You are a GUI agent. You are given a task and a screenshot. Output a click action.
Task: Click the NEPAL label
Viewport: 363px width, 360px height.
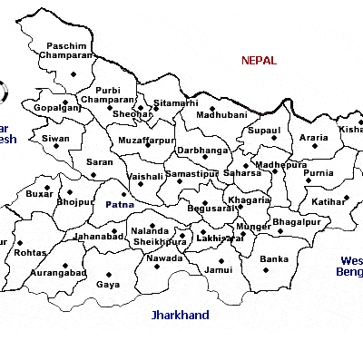click(x=260, y=61)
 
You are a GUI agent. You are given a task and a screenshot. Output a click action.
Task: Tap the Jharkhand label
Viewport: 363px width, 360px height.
click(x=180, y=316)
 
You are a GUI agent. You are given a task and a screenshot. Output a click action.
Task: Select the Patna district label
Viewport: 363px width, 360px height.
click(x=120, y=205)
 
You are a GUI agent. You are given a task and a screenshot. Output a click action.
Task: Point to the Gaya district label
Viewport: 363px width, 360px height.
click(x=107, y=284)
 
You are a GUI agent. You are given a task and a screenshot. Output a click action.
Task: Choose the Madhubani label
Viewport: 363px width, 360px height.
click(x=221, y=117)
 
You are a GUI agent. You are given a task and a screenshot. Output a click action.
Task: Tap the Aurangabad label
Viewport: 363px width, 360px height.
click(x=59, y=272)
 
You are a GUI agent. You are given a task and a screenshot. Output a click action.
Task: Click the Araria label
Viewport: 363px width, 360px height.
click(x=314, y=138)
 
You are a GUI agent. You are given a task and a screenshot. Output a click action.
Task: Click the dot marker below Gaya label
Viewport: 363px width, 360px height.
click(x=109, y=273)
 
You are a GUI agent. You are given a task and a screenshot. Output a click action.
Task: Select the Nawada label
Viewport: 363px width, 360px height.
click(x=164, y=258)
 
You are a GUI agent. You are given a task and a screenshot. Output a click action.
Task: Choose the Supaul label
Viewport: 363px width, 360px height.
click(x=264, y=131)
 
